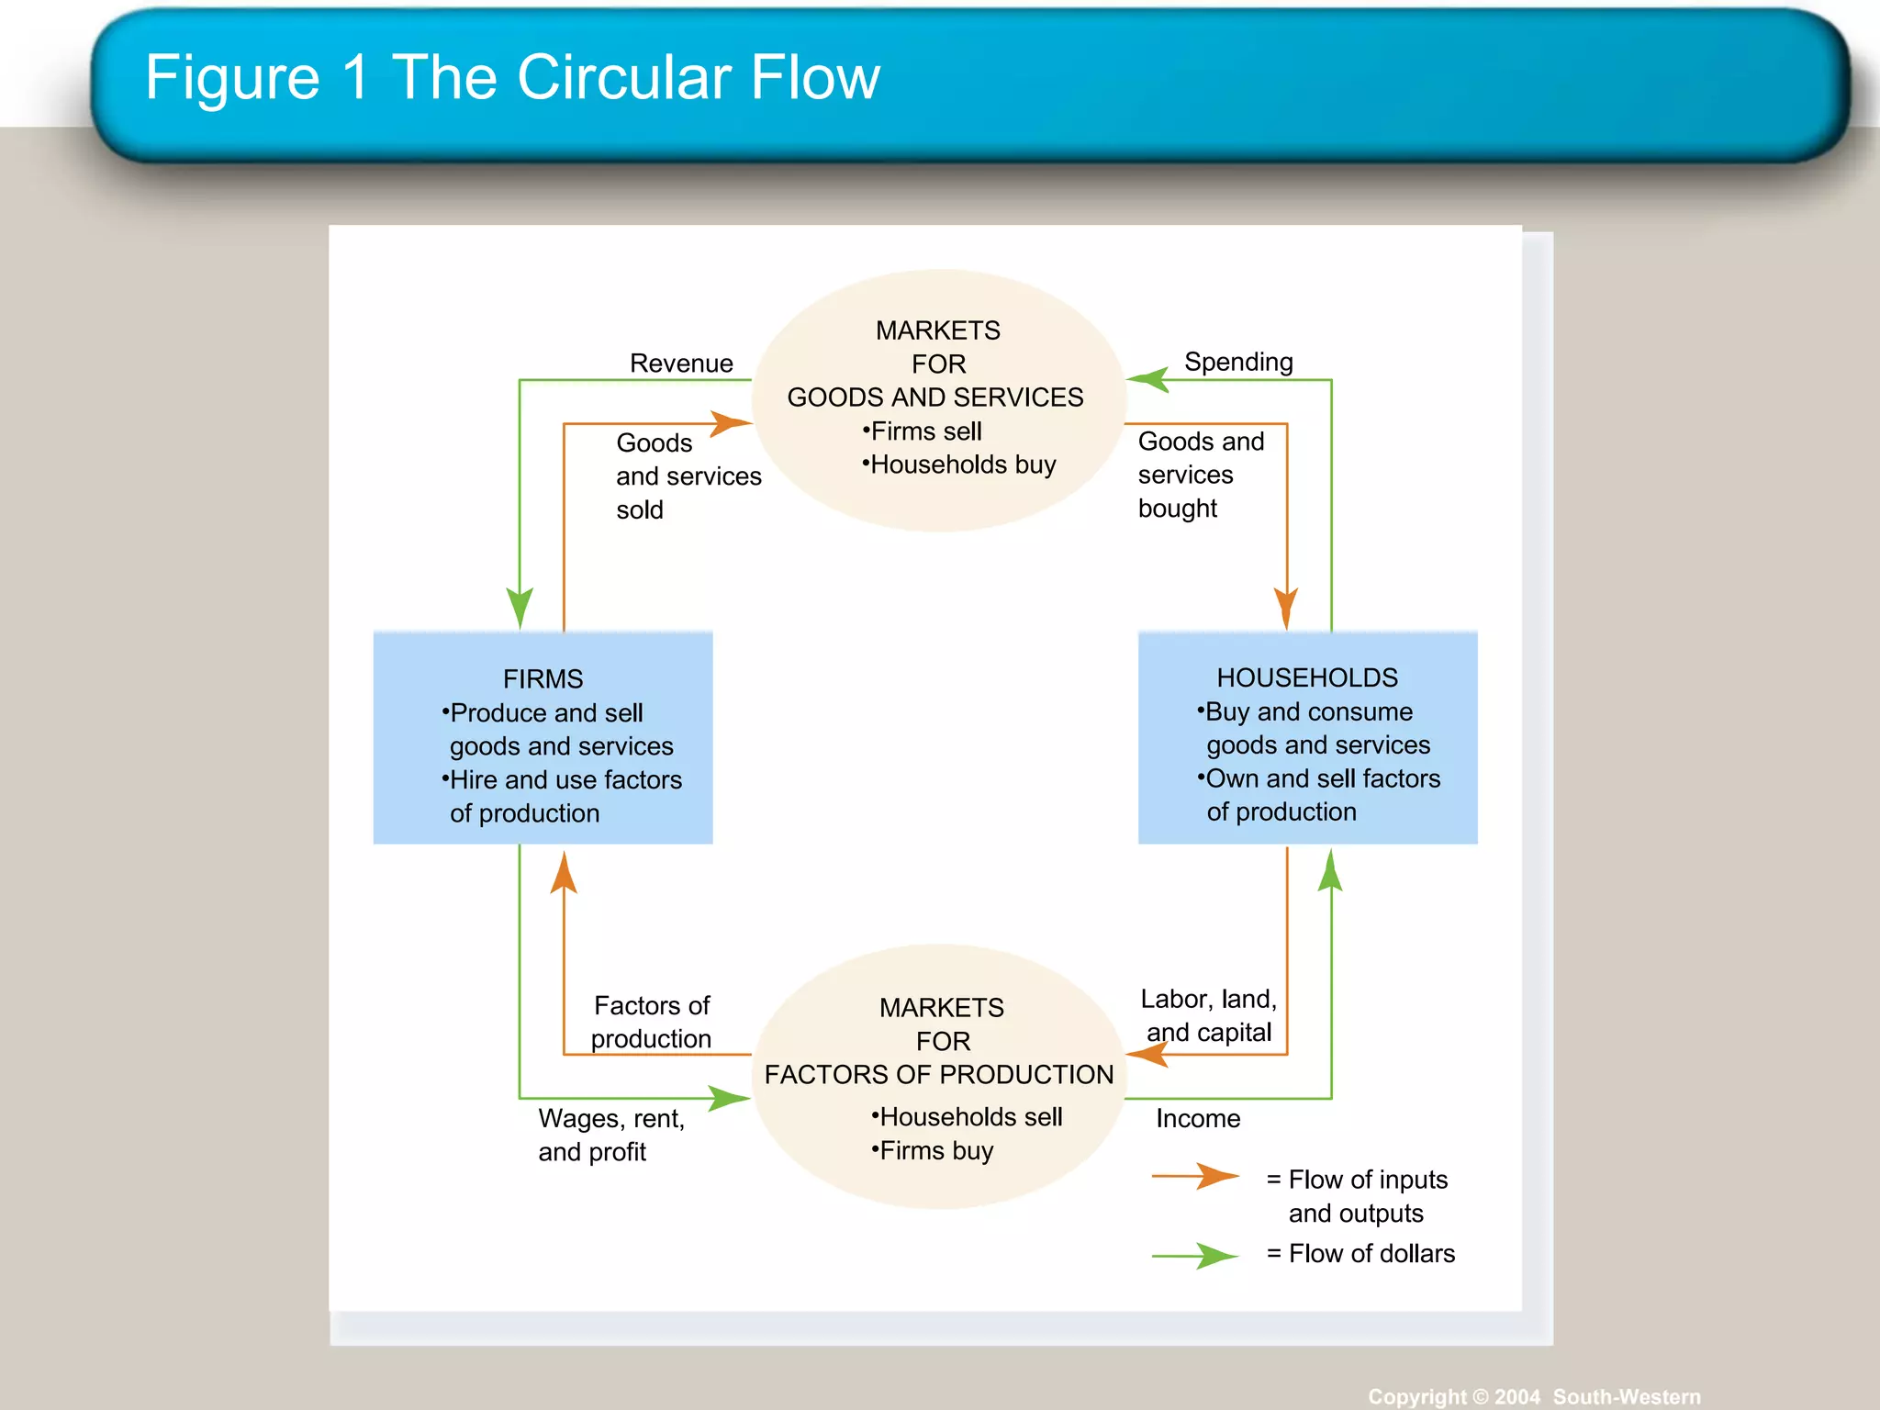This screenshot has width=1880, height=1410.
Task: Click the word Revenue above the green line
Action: (681, 364)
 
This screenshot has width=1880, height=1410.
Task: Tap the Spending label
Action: (1238, 362)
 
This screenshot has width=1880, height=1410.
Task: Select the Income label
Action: (1198, 1118)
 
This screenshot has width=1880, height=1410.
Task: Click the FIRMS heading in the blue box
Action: (543, 679)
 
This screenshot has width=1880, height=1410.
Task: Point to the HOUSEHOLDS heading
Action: (1307, 677)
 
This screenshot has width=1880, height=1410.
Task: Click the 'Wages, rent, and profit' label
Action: (610, 1135)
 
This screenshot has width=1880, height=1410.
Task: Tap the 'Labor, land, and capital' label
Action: (1208, 1015)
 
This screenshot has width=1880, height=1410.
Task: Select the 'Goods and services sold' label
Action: (688, 476)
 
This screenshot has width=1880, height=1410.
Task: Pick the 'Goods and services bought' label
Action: (1199, 475)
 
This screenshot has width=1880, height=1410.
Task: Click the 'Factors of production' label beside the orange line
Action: (652, 1022)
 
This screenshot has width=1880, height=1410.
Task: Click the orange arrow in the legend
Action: (1196, 1177)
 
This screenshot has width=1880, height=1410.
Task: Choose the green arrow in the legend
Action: (1196, 1255)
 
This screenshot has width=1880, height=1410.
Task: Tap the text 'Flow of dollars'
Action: (1371, 1254)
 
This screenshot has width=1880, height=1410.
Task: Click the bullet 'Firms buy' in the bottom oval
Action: (934, 1151)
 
